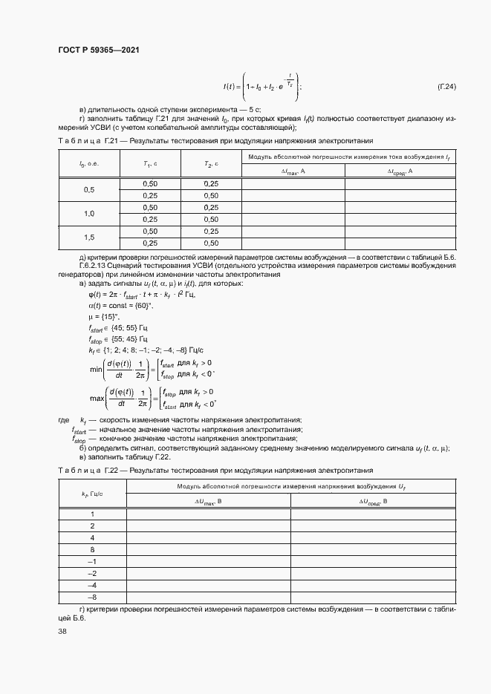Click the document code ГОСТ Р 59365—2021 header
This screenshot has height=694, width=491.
click(x=98, y=50)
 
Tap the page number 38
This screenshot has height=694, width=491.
click(x=62, y=631)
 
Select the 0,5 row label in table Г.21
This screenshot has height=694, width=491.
click(x=88, y=189)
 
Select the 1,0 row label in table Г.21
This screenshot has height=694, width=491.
click(x=88, y=213)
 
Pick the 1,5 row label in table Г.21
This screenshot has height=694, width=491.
click(x=88, y=237)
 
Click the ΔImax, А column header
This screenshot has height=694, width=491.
click(x=293, y=171)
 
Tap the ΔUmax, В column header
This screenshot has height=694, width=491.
click(x=209, y=501)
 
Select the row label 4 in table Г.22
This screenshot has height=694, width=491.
click(x=92, y=537)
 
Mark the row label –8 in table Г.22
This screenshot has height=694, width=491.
click(x=92, y=597)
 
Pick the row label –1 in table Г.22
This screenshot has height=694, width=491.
click(x=92, y=561)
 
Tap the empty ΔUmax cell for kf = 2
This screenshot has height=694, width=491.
click(x=209, y=526)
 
